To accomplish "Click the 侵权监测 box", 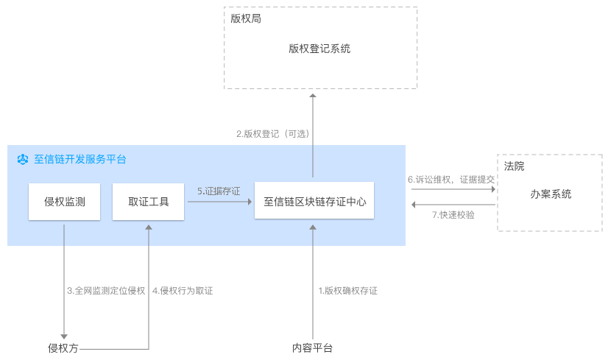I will [64, 201].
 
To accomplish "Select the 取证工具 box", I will [148, 201].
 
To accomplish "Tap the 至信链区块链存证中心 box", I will [314, 201].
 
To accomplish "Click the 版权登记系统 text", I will [319, 49].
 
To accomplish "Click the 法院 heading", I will [514, 167].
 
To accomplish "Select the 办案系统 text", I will [551, 194].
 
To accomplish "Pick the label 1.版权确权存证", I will [347, 291].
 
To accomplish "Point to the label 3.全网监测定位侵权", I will [106, 291].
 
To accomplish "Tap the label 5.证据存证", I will [219, 191].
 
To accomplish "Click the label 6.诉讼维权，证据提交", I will [452, 179].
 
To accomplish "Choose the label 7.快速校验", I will [453, 215].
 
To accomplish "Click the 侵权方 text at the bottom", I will [63, 348].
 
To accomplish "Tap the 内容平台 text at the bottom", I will [312, 348].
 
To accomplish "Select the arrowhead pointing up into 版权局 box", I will [313, 97].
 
